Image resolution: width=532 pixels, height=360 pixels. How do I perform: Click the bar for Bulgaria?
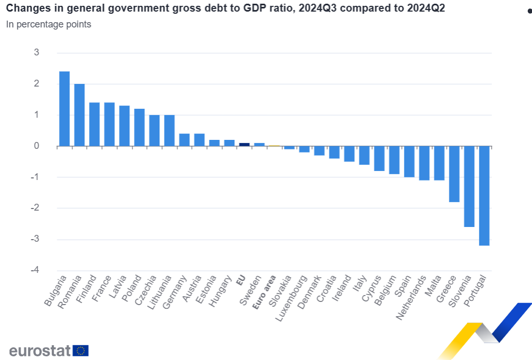[64, 109]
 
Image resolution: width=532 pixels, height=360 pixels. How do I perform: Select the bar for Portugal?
[484, 196]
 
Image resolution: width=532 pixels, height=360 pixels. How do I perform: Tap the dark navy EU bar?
[244, 144]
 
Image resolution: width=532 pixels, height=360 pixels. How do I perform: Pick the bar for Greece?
[454, 174]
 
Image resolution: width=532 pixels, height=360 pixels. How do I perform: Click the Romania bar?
[79, 115]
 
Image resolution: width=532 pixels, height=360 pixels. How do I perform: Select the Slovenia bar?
[469, 186]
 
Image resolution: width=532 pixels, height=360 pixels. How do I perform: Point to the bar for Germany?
[184, 140]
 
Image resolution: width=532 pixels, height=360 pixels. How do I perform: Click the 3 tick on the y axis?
[36, 52]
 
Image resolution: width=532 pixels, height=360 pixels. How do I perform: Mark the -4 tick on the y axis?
[35, 270]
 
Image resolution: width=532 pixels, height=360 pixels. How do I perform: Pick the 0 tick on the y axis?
[36, 146]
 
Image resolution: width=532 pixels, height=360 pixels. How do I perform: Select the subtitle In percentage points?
[49, 24]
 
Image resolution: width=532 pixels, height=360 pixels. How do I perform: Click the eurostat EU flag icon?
[81, 350]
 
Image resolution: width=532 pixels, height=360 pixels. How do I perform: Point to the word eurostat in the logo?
[40, 350]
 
